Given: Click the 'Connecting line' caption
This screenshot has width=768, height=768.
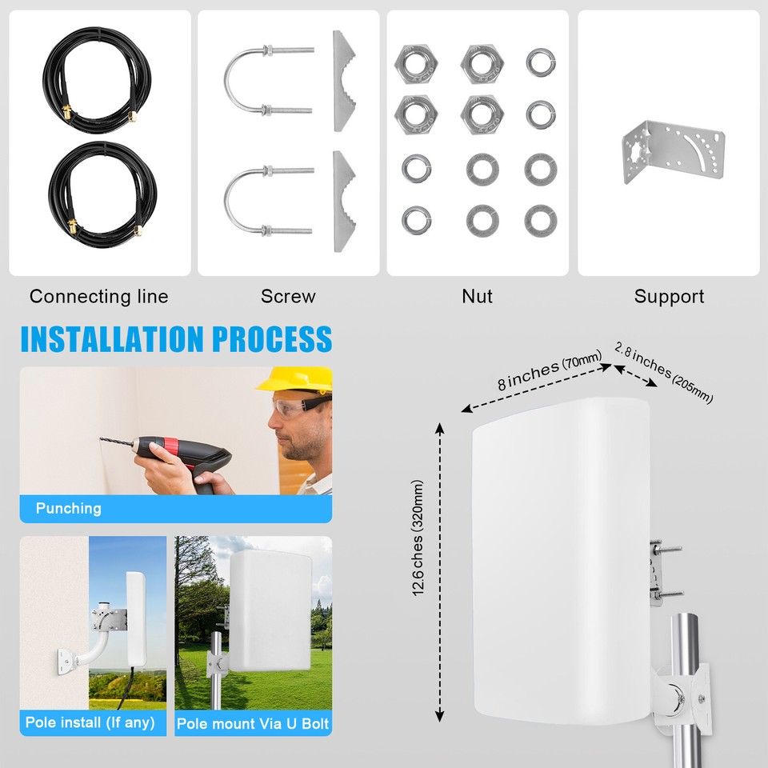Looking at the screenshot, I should point(99,297).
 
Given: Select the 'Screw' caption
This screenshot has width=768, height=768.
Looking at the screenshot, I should point(288,297).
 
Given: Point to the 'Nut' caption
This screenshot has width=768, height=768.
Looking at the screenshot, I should point(477,297).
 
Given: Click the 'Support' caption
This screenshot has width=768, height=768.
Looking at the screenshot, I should point(669,297).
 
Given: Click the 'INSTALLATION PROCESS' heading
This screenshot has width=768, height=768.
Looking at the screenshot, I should point(176,339).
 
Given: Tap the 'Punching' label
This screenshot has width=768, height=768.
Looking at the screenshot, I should point(69,508).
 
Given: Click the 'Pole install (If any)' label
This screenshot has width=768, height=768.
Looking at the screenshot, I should point(90,722).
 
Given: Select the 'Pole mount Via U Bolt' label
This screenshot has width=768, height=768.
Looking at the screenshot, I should point(253,724).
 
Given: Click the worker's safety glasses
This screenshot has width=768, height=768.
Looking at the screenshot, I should point(299,407).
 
